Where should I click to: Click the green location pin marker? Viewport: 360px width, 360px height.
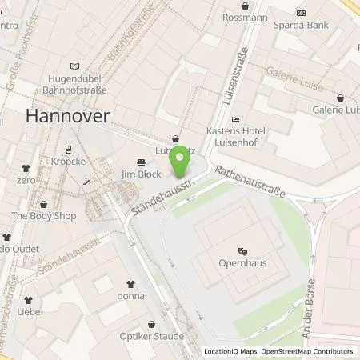182,160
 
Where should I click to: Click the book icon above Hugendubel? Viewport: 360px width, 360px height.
76,66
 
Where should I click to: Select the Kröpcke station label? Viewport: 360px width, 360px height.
67,164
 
